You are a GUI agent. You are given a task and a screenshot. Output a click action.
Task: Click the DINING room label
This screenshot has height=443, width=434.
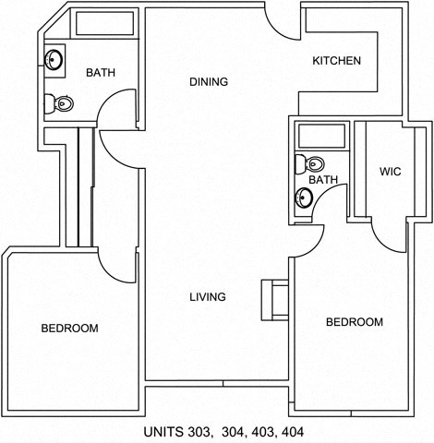pyautogui.click(x=208, y=82)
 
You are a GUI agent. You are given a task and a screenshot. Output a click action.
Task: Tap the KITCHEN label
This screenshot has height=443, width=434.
pyautogui.click(x=336, y=62)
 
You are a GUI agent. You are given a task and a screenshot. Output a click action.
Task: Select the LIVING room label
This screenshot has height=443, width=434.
pyautogui.click(x=208, y=297)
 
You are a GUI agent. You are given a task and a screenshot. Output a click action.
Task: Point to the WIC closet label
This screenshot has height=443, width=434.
pyautogui.click(x=389, y=172)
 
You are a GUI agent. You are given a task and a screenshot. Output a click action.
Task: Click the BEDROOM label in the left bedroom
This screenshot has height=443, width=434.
pyautogui.click(x=69, y=329)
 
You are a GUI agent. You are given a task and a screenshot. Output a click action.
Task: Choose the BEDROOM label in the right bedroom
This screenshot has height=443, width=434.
pyautogui.click(x=355, y=322)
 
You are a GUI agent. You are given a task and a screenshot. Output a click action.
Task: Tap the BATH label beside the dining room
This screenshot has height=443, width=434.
pyautogui.click(x=101, y=73)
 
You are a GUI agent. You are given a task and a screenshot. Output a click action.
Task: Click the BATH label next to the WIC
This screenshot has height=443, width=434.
pyautogui.click(x=323, y=180)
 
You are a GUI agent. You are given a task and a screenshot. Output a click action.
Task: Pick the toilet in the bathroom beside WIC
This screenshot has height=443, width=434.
pyautogui.click(x=300, y=165)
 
